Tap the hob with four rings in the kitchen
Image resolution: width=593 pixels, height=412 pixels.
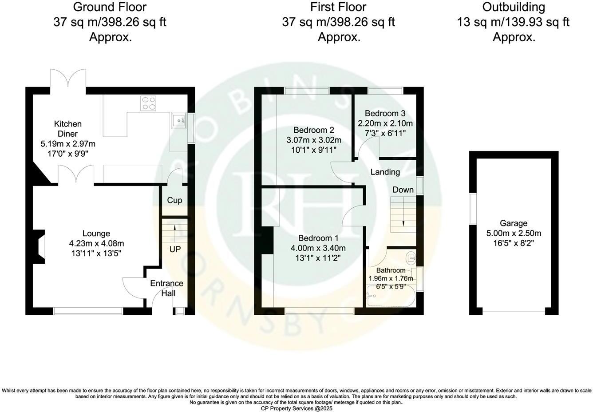[149, 103]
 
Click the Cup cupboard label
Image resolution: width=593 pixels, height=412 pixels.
[174, 201]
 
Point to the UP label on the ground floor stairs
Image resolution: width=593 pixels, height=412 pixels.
[175, 250]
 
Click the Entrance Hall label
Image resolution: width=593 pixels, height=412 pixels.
[166, 288]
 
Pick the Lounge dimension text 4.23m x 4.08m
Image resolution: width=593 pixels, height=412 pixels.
[96, 243]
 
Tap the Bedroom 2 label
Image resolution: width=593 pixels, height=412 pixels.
[314, 130]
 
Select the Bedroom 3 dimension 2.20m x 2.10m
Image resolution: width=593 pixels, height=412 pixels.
[385, 123]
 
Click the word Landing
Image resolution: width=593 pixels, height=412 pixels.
[385, 172]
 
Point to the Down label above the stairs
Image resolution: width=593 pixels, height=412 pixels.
[403, 190]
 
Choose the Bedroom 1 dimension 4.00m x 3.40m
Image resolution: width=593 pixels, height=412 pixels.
[318, 248]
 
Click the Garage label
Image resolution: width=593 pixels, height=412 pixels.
[514, 223]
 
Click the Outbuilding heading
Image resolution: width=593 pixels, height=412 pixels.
[514, 7]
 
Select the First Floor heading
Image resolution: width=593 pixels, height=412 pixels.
[338, 7]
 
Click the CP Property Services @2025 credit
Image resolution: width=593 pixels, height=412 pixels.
[296, 408]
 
